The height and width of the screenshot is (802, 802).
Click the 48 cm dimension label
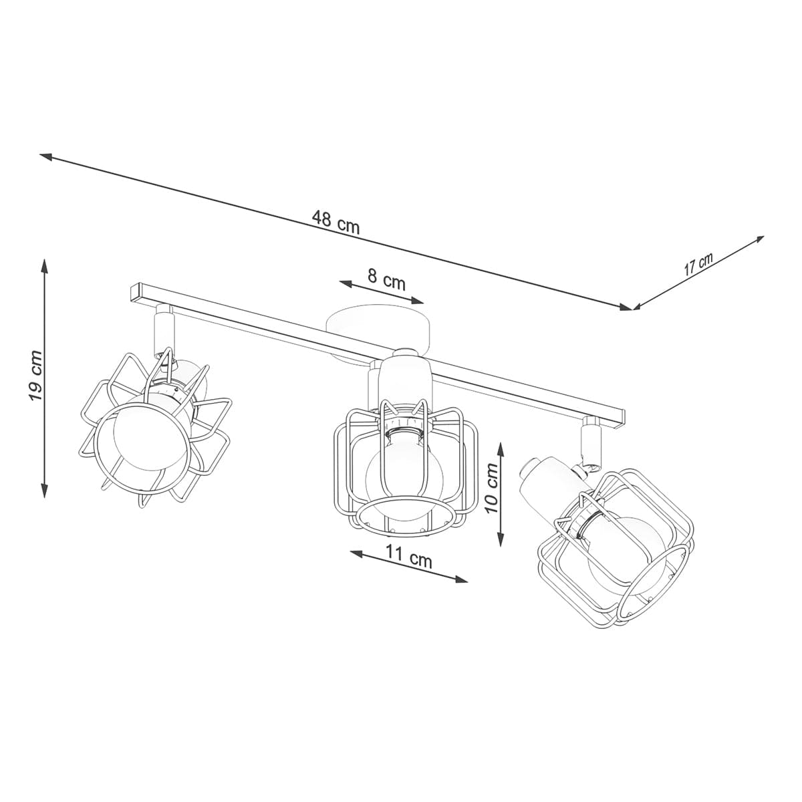[336, 222]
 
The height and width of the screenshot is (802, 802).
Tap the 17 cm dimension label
[698, 265]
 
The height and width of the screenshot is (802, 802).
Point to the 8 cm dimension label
[386, 279]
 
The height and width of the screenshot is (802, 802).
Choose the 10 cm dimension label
[493, 488]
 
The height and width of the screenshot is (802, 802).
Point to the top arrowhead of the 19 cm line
[45, 264]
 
